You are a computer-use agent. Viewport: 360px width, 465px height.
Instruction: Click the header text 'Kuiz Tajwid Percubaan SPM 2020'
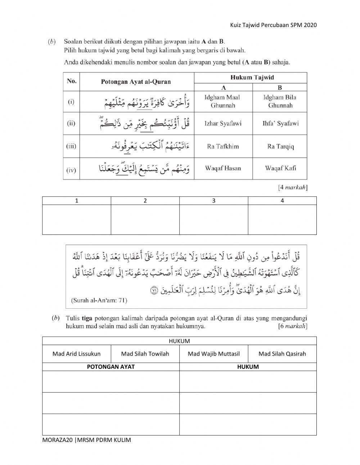(273, 25)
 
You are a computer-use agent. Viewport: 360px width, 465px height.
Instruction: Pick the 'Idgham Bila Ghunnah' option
(280, 101)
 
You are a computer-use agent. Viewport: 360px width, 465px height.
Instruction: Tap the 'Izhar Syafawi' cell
(223, 124)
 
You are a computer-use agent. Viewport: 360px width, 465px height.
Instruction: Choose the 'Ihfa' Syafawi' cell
(280, 124)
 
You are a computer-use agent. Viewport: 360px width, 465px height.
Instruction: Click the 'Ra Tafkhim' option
(223, 147)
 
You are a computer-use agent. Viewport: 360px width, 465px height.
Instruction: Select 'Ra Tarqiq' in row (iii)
(280, 147)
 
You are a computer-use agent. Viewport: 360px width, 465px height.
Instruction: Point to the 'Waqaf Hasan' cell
(223, 168)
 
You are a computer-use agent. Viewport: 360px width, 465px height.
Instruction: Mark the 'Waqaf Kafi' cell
(280, 168)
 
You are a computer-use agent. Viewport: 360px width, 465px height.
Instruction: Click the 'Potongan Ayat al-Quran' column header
(136, 82)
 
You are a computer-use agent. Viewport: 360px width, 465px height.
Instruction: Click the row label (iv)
(71, 169)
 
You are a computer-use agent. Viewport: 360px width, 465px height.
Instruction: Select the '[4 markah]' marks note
(292, 187)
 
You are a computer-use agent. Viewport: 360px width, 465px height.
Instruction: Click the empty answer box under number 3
(213, 219)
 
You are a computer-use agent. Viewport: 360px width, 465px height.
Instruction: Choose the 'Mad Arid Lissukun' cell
(76, 354)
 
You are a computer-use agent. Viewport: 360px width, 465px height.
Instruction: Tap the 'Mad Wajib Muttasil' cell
(213, 354)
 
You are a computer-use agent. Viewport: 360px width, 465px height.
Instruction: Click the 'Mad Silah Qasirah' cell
(282, 354)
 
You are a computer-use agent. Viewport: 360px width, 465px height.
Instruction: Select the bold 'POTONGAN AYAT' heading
(111, 367)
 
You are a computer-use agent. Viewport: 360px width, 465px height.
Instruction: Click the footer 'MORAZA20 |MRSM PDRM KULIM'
(86, 440)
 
